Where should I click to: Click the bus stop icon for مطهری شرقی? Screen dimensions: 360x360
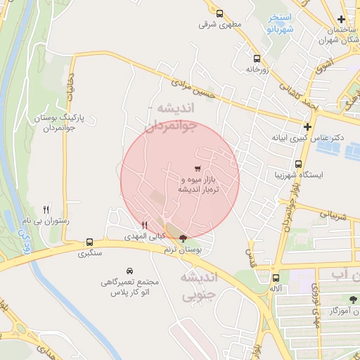(x=219, y=13)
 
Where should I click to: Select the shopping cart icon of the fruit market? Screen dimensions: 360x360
(x=198, y=168)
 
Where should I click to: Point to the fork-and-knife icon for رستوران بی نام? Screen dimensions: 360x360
(x=46, y=209)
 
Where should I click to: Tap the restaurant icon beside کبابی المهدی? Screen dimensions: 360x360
(x=144, y=225)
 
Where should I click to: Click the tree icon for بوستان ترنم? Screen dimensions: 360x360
(x=184, y=238)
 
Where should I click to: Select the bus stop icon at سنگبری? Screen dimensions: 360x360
(x=89, y=240)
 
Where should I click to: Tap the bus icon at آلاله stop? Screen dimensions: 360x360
(x=276, y=277)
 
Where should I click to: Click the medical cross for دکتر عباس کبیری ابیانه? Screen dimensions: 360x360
(x=307, y=127)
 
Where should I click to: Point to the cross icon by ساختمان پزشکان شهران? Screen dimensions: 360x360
(x=341, y=19)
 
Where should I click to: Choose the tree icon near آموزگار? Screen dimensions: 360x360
(x=354, y=300)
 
